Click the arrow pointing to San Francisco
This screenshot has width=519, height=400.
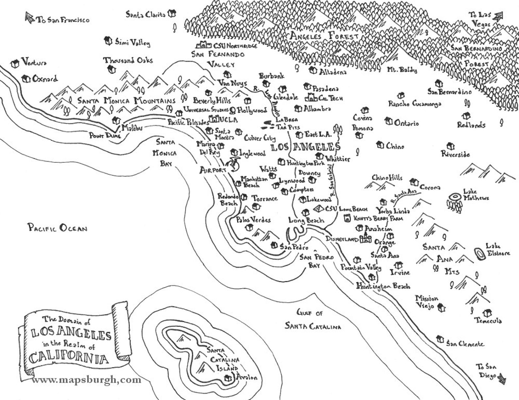30,18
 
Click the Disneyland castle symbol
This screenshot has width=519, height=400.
366,239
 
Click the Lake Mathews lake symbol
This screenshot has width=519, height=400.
455,197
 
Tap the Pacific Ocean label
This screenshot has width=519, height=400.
57,228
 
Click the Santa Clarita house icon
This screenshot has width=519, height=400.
172,14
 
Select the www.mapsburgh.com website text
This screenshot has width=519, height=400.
87,380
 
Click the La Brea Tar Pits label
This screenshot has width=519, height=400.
286,123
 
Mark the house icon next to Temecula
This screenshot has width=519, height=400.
488,313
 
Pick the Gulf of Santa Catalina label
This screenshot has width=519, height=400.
313,320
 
